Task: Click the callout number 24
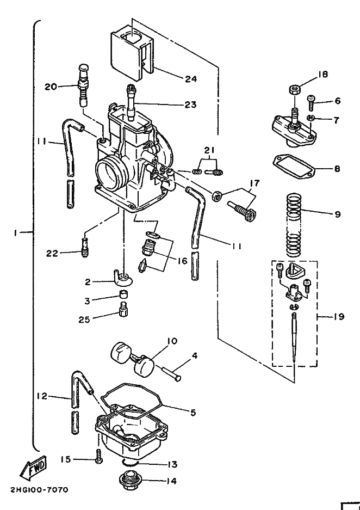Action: coord(190,79)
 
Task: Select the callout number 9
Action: coord(338,214)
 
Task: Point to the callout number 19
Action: coord(338,316)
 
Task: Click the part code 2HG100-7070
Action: coord(39,490)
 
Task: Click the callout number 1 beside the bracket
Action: coord(18,232)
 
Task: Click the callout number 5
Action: coord(193,413)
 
